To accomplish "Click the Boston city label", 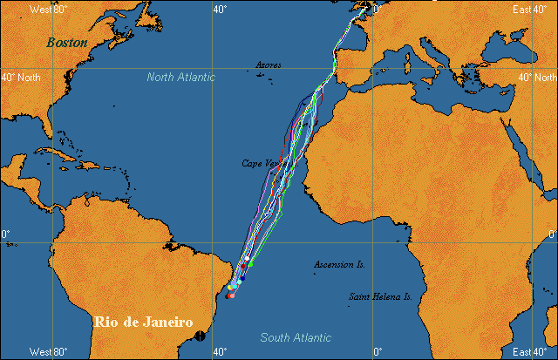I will pos(67,42).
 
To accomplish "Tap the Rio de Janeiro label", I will pos(143,323).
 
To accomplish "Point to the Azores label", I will pos(269,65).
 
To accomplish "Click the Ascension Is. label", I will pos(339,263).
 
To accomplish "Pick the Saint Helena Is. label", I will pos(380,296).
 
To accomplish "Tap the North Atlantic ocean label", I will pos(180,77).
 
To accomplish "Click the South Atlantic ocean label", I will pos(296,337).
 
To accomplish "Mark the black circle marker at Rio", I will pos(201,335).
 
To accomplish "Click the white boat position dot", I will pos(247,258).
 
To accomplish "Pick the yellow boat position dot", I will pos(229,287).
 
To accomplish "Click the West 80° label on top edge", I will pos(48,9).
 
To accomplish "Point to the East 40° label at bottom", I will pos(532,351).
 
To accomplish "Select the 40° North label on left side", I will pos(22,77).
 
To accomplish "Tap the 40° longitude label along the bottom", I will pos(219,351).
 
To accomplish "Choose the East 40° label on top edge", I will pos(532,9).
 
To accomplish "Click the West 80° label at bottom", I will pos(48,351).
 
